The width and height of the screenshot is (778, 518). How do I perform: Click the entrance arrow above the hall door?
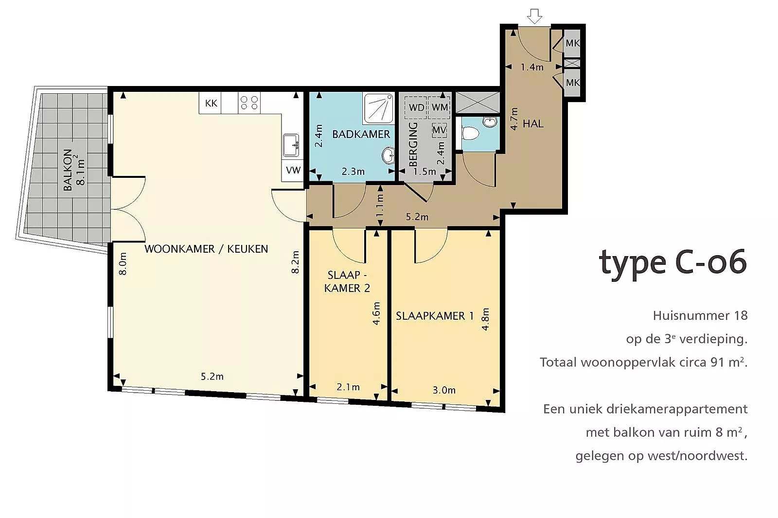[534, 17]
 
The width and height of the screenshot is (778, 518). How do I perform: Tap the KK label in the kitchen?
[211, 103]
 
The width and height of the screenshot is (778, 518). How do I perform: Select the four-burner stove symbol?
[249, 103]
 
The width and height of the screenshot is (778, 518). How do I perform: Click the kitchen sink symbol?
[291, 145]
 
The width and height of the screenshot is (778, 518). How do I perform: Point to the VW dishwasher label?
[293, 170]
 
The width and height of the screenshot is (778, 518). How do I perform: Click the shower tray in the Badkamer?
[378, 108]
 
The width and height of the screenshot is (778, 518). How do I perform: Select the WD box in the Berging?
[416, 107]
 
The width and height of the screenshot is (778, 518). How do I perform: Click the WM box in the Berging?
[440, 107]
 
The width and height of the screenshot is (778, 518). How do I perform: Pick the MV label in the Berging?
[440, 130]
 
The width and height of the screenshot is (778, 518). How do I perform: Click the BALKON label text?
[68, 170]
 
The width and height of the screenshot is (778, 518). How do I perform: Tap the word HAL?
[533, 123]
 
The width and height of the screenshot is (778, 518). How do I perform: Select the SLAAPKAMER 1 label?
[435, 316]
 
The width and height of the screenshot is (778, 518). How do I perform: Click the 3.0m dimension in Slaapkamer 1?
[444, 390]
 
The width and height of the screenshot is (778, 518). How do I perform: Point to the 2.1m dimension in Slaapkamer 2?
[348, 387]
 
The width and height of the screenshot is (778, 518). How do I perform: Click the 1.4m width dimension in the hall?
[532, 67]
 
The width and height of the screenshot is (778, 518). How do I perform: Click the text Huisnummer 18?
[700, 315]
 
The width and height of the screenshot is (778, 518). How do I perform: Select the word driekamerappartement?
[677, 409]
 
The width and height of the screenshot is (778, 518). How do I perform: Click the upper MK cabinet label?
[572, 43]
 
